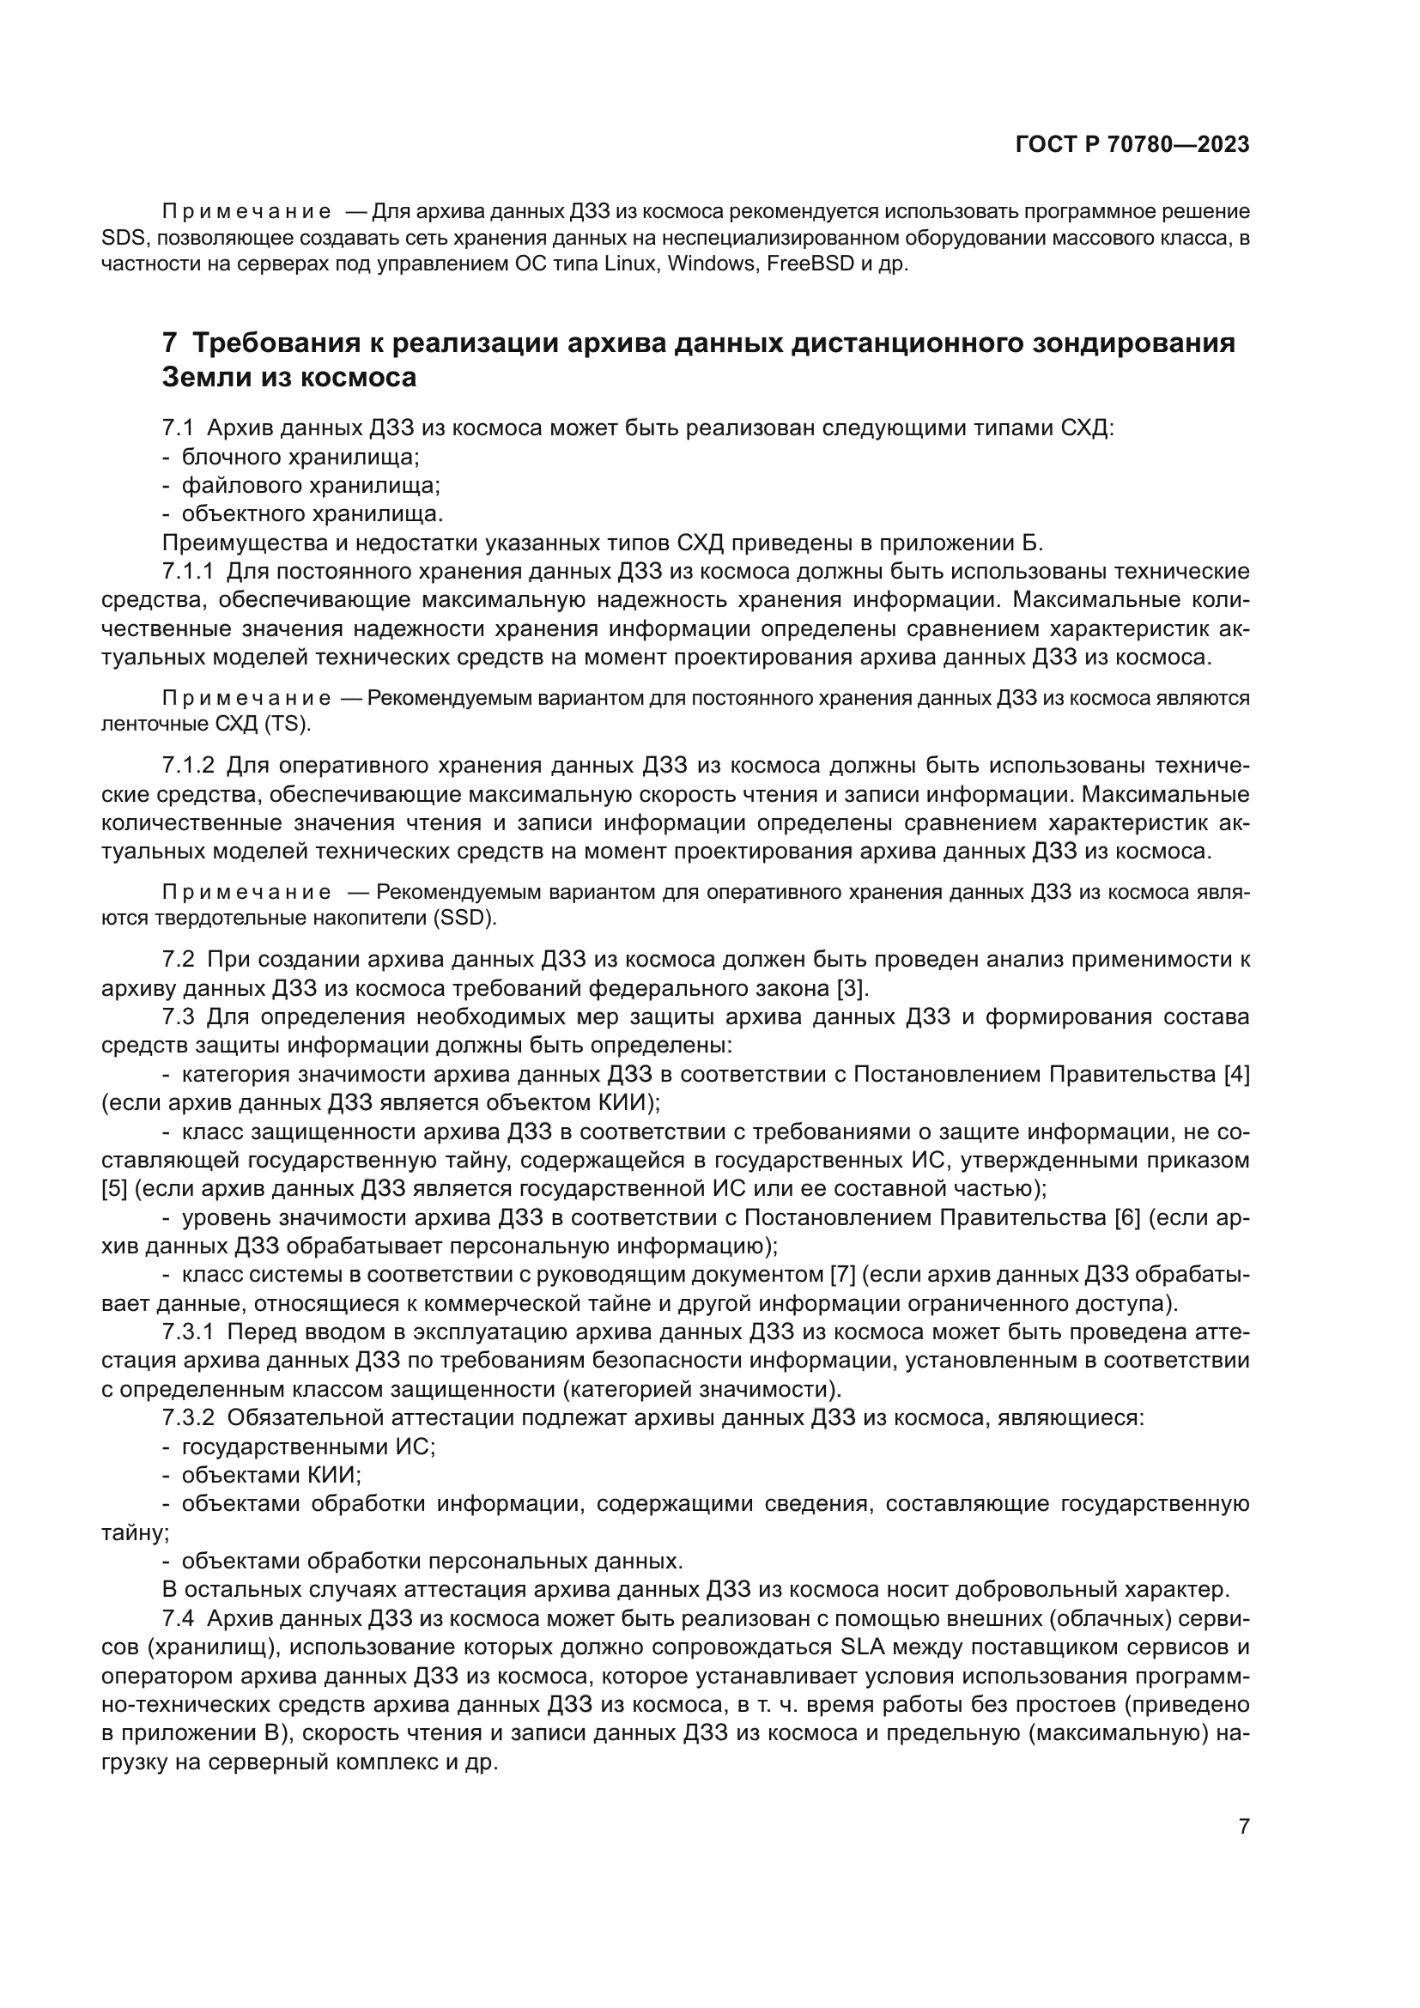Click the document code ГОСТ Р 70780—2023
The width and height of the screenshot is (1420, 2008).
(x=1132, y=144)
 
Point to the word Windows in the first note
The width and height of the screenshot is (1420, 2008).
(x=712, y=264)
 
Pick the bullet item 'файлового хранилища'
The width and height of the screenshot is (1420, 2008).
(x=311, y=485)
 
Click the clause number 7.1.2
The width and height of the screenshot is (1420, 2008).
(x=188, y=766)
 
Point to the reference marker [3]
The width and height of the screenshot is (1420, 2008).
(x=852, y=989)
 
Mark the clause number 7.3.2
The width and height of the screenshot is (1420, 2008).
(x=188, y=1417)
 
